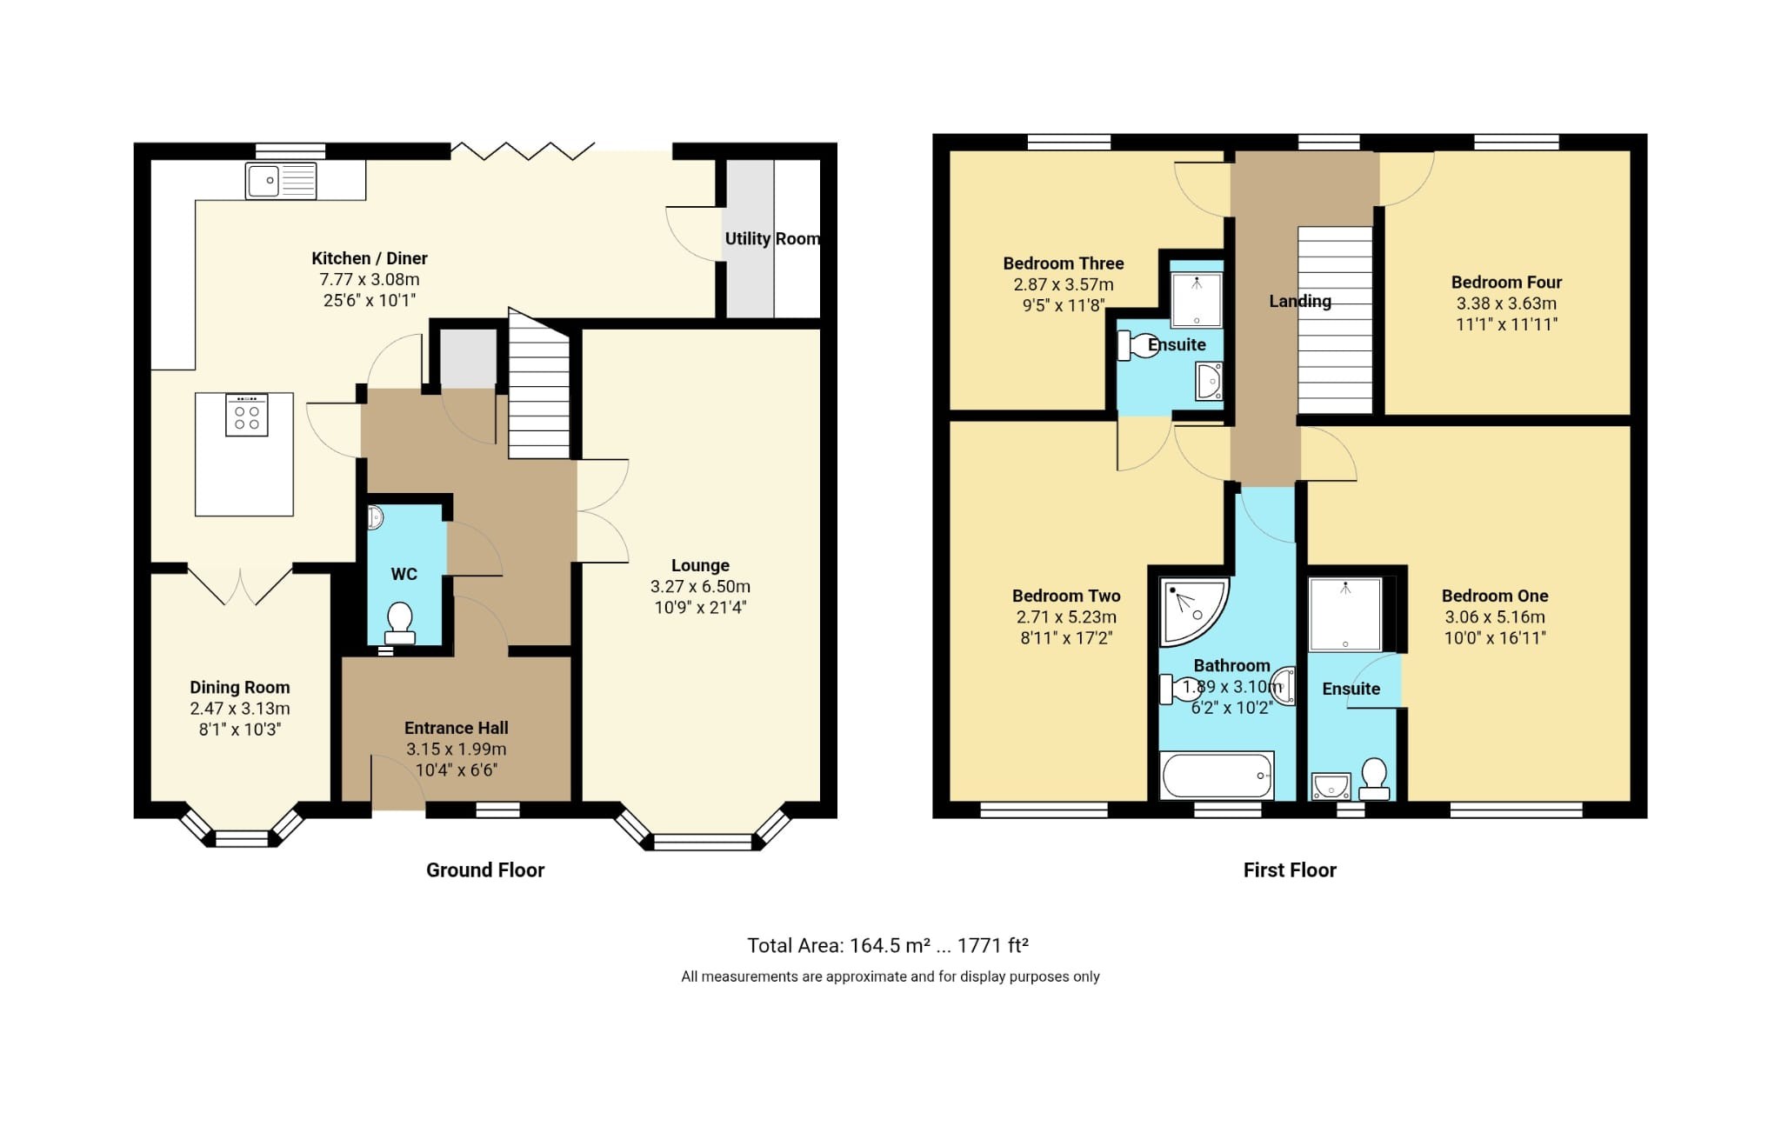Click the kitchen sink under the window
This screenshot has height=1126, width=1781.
click(280, 181)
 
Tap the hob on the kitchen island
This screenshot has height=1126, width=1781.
click(247, 416)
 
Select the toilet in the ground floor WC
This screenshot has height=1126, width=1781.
click(399, 623)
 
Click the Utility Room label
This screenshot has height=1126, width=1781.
click(772, 238)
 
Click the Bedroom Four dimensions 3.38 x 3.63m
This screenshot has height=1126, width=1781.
click(1506, 303)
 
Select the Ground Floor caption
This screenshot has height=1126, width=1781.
click(484, 870)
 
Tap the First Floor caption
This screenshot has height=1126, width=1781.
click(1289, 870)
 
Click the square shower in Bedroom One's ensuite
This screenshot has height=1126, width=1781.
click(1344, 614)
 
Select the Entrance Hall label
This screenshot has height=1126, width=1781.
click(456, 728)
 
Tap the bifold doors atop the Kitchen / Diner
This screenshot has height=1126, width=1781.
click(523, 151)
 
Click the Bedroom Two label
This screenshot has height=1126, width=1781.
click(1065, 596)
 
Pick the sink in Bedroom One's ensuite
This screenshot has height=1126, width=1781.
click(1331, 787)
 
